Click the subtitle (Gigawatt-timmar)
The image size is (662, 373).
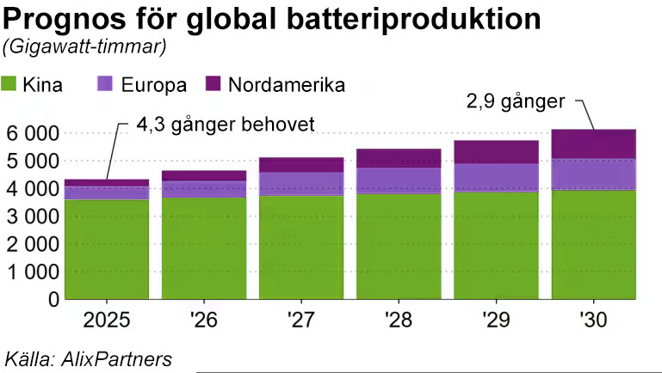pyautogui.click(x=85, y=47)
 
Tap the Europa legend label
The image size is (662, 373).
pyautogui.click(x=156, y=85)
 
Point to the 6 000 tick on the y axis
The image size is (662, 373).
pyautogui.click(x=32, y=133)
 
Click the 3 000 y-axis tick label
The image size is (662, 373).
pyautogui.click(x=32, y=217)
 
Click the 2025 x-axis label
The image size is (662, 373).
pyautogui.click(x=107, y=322)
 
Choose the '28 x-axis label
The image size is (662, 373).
pyautogui.click(x=399, y=322)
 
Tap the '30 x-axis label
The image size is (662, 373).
pyautogui.click(x=593, y=322)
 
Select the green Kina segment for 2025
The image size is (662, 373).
pyautogui.click(x=107, y=249)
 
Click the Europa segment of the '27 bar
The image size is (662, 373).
pyautogui.click(x=301, y=184)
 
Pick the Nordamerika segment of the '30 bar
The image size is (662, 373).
pyautogui.click(x=593, y=144)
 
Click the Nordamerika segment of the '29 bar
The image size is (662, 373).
pyautogui.click(x=496, y=151)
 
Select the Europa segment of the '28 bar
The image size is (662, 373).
pyautogui.click(x=399, y=180)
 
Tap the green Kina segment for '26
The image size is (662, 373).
pyautogui.click(x=204, y=249)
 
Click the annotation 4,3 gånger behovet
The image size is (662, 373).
pyautogui.click(x=226, y=125)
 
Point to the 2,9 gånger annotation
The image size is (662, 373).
pyautogui.click(x=515, y=101)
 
